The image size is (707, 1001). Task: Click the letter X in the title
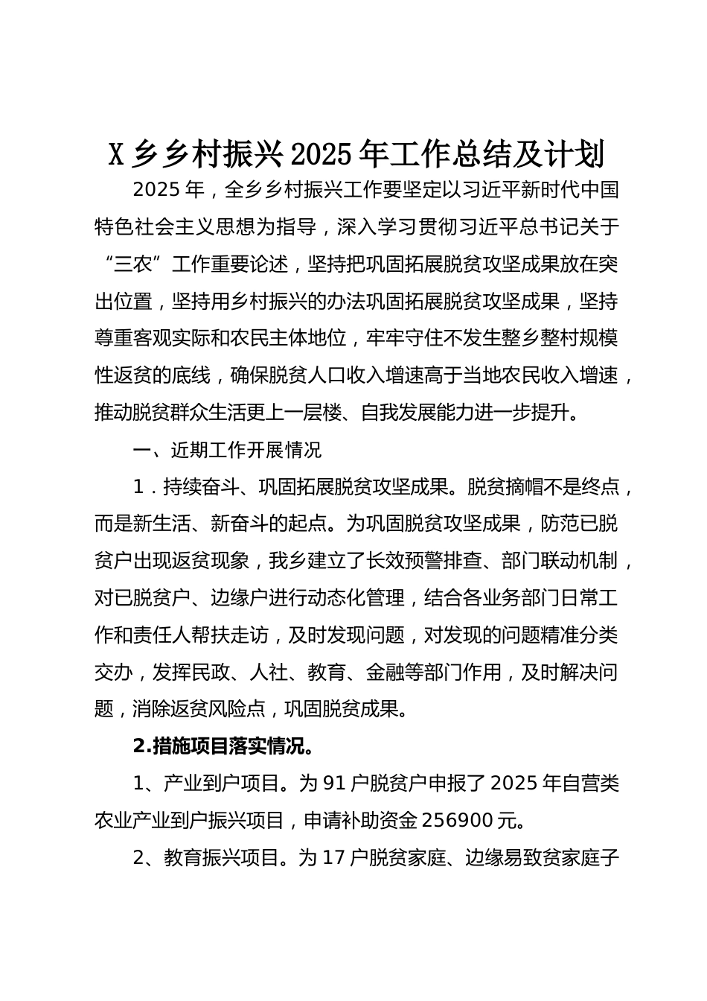click(x=116, y=154)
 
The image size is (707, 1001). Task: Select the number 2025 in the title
click(x=321, y=154)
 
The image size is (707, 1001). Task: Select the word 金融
click(x=385, y=672)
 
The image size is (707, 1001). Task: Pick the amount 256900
click(x=459, y=820)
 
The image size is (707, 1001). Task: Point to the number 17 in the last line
click(x=334, y=857)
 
